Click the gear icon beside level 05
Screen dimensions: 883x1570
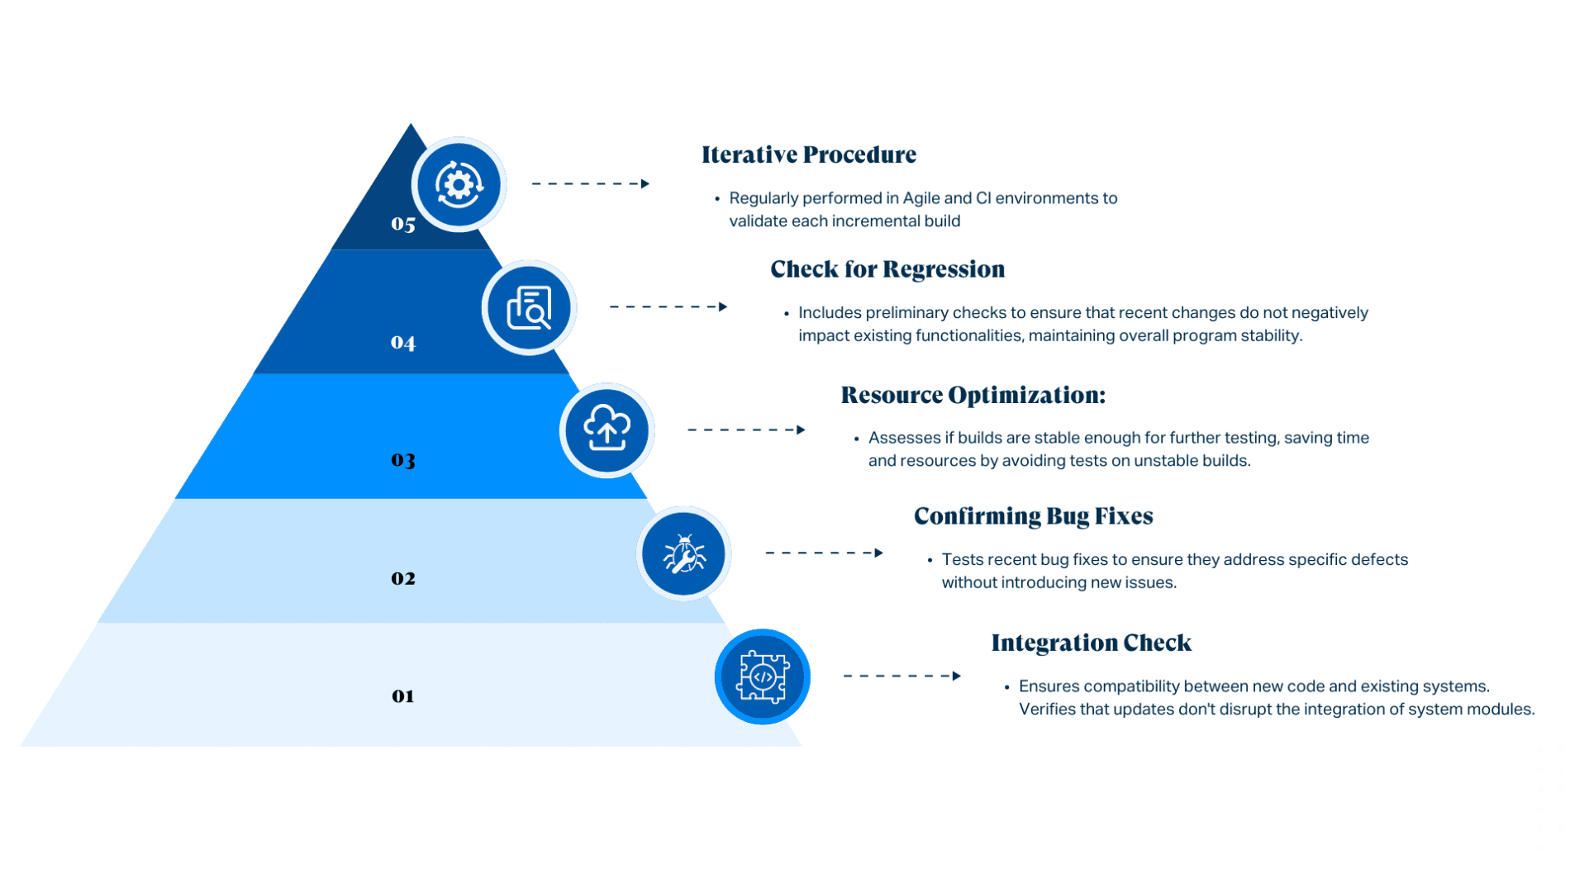(459, 184)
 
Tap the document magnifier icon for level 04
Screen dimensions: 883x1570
(529, 307)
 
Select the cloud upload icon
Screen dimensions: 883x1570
(607, 430)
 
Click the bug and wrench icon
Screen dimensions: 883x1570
(683, 553)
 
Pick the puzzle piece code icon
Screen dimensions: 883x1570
(762, 677)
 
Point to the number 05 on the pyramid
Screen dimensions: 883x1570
(403, 224)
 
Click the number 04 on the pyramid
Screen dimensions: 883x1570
(403, 342)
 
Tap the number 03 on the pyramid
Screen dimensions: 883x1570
(403, 459)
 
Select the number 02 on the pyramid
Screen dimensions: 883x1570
(403, 578)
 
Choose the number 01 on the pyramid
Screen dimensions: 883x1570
(403, 696)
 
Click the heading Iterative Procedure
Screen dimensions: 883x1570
(808, 154)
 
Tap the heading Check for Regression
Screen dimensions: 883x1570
(887, 269)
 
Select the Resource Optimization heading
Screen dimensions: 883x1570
(973, 395)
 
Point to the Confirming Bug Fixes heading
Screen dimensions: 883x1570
(1033, 516)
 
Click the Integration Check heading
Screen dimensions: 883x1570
(1091, 643)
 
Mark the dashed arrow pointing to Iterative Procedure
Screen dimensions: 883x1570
(590, 183)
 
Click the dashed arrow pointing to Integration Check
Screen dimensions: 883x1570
(902, 676)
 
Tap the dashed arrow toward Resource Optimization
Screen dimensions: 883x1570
(745, 430)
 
